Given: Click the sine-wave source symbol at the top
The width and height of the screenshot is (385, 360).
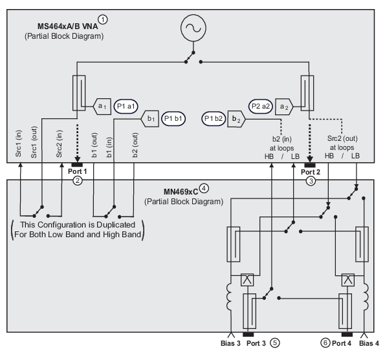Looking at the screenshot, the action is pyautogui.click(x=193, y=28).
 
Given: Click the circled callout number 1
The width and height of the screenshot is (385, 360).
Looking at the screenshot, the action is pyautogui.click(x=103, y=19).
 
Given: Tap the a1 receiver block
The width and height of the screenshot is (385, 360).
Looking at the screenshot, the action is pyautogui.click(x=102, y=107).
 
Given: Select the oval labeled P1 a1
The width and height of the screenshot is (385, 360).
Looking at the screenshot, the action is pyautogui.click(x=126, y=107).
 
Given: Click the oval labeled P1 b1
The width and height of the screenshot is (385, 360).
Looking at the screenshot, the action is pyautogui.click(x=173, y=119).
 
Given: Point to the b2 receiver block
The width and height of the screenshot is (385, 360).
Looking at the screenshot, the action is pyautogui.click(x=236, y=119).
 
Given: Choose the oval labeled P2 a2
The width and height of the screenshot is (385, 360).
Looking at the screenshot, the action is pyautogui.click(x=261, y=107).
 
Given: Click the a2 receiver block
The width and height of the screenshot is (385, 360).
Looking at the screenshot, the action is pyautogui.click(x=284, y=107).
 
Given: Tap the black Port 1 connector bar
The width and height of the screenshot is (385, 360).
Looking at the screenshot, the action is pyautogui.click(x=77, y=165).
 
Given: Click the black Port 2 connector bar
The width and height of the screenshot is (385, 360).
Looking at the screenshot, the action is pyautogui.click(x=310, y=165).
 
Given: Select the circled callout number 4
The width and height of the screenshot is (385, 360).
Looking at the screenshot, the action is pyautogui.click(x=204, y=188).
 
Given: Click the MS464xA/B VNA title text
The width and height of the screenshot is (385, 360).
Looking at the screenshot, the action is pyautogui.click(x=67, y=26).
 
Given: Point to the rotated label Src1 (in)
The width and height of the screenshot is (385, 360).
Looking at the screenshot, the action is pyautogui.click(x=18, y=143).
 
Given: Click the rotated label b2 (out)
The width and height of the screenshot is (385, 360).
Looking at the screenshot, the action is pyautogui.click(x=135, y=145).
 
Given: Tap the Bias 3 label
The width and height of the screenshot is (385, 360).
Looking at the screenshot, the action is pyautogui.click(x=230, y=343).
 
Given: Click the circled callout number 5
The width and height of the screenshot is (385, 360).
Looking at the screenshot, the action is pyautogui.click(x=275, y=343).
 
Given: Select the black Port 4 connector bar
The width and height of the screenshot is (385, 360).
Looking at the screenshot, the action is pyautogui.click(x=347, y=335).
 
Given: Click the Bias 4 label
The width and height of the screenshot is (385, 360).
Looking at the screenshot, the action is pyautogui.click(x=369, y=343).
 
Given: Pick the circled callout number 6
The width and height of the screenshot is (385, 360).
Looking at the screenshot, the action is pyautogui.click(x=325, y=343).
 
